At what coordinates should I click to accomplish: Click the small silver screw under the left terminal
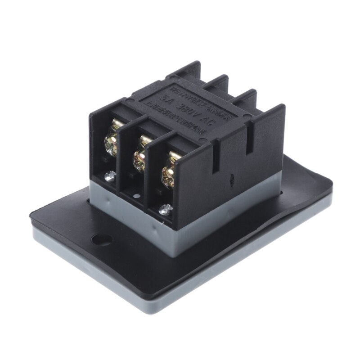pyautogui.click(x=108, y=176)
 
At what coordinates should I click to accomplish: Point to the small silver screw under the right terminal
pyautogui.click(x=166, y=208)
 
